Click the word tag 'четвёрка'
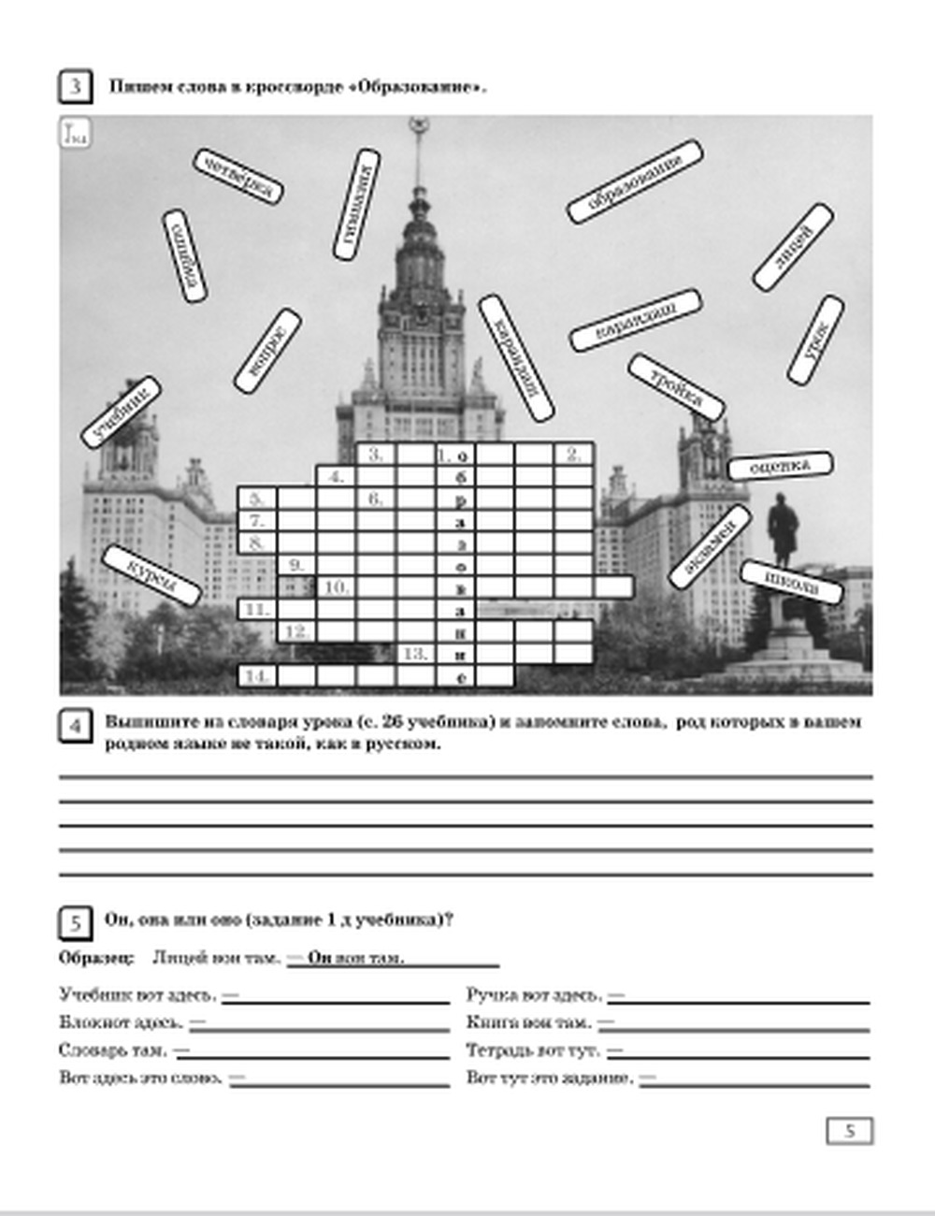[238, 176]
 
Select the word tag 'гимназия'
[356, 204]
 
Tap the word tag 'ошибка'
[184, 255]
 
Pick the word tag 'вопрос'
[267, 350]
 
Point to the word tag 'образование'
[635, 181]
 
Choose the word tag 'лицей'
[793, 247]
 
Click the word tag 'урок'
[815, 340]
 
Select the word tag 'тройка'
[676, 386]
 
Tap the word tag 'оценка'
[780, 465]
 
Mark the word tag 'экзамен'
[710, 547]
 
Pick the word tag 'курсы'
[151, 575]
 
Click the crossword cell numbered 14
[257, 675]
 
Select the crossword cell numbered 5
[257, 498]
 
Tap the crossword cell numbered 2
[573, 455]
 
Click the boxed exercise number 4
[75, 727]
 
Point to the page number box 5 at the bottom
[849, 1131]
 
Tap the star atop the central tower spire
[418, 124]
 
